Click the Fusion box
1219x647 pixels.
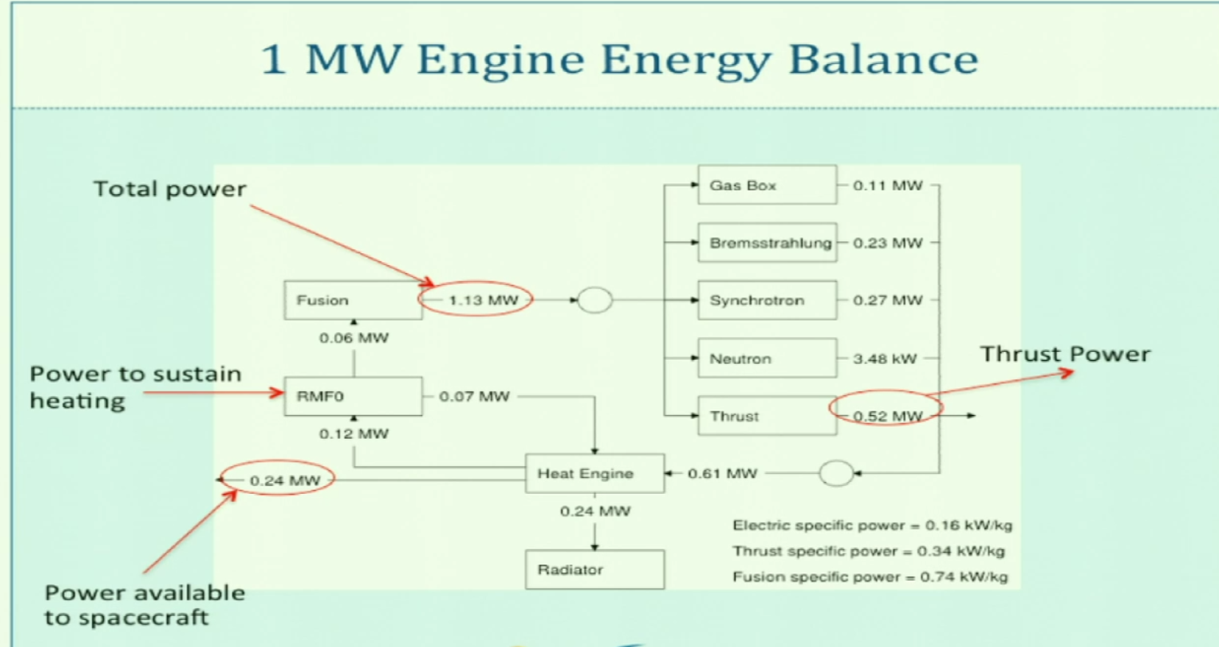click(353, 300)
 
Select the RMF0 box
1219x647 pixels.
click(353, 397)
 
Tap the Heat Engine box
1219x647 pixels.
click(594, 473)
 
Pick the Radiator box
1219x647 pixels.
click(594, 570)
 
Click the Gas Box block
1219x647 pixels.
click(767, 185)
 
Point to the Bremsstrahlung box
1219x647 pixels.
click(767, 243)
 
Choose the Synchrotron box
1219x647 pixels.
click(767, 300)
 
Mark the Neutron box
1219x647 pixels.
click(767, 358)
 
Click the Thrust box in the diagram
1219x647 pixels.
click(767, 416)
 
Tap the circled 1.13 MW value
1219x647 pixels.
click(482, 300)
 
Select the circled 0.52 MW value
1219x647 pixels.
click(886, 416)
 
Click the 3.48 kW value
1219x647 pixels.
click(885, 359)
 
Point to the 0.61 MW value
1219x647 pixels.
click(722, 473)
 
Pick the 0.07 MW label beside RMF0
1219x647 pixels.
click(474, 397)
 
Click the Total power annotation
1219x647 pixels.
click(169, 189)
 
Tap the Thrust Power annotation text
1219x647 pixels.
click(1064, 355)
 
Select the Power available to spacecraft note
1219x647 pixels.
click(144, 604)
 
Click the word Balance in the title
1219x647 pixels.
click(883, 59)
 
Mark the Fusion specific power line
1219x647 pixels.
click(869, 577)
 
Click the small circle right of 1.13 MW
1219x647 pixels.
click(595, 300)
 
